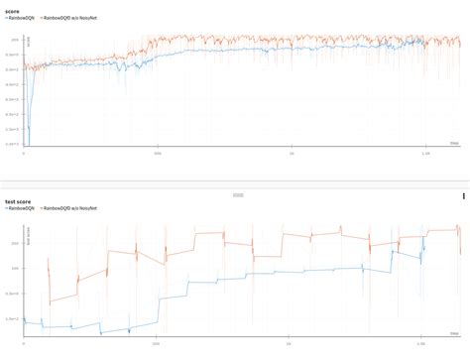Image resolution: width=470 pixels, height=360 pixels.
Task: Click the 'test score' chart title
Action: click(16, 201)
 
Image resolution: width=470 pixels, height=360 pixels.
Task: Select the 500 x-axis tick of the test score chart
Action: click(158, 344)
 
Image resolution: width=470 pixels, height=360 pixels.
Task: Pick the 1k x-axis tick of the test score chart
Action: click(291, 344)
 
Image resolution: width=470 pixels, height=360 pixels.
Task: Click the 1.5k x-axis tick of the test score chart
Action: click(424, 344)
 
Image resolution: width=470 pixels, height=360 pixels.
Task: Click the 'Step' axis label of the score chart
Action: click(454, 143)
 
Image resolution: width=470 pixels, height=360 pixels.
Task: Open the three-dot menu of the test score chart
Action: click(463, 197)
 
